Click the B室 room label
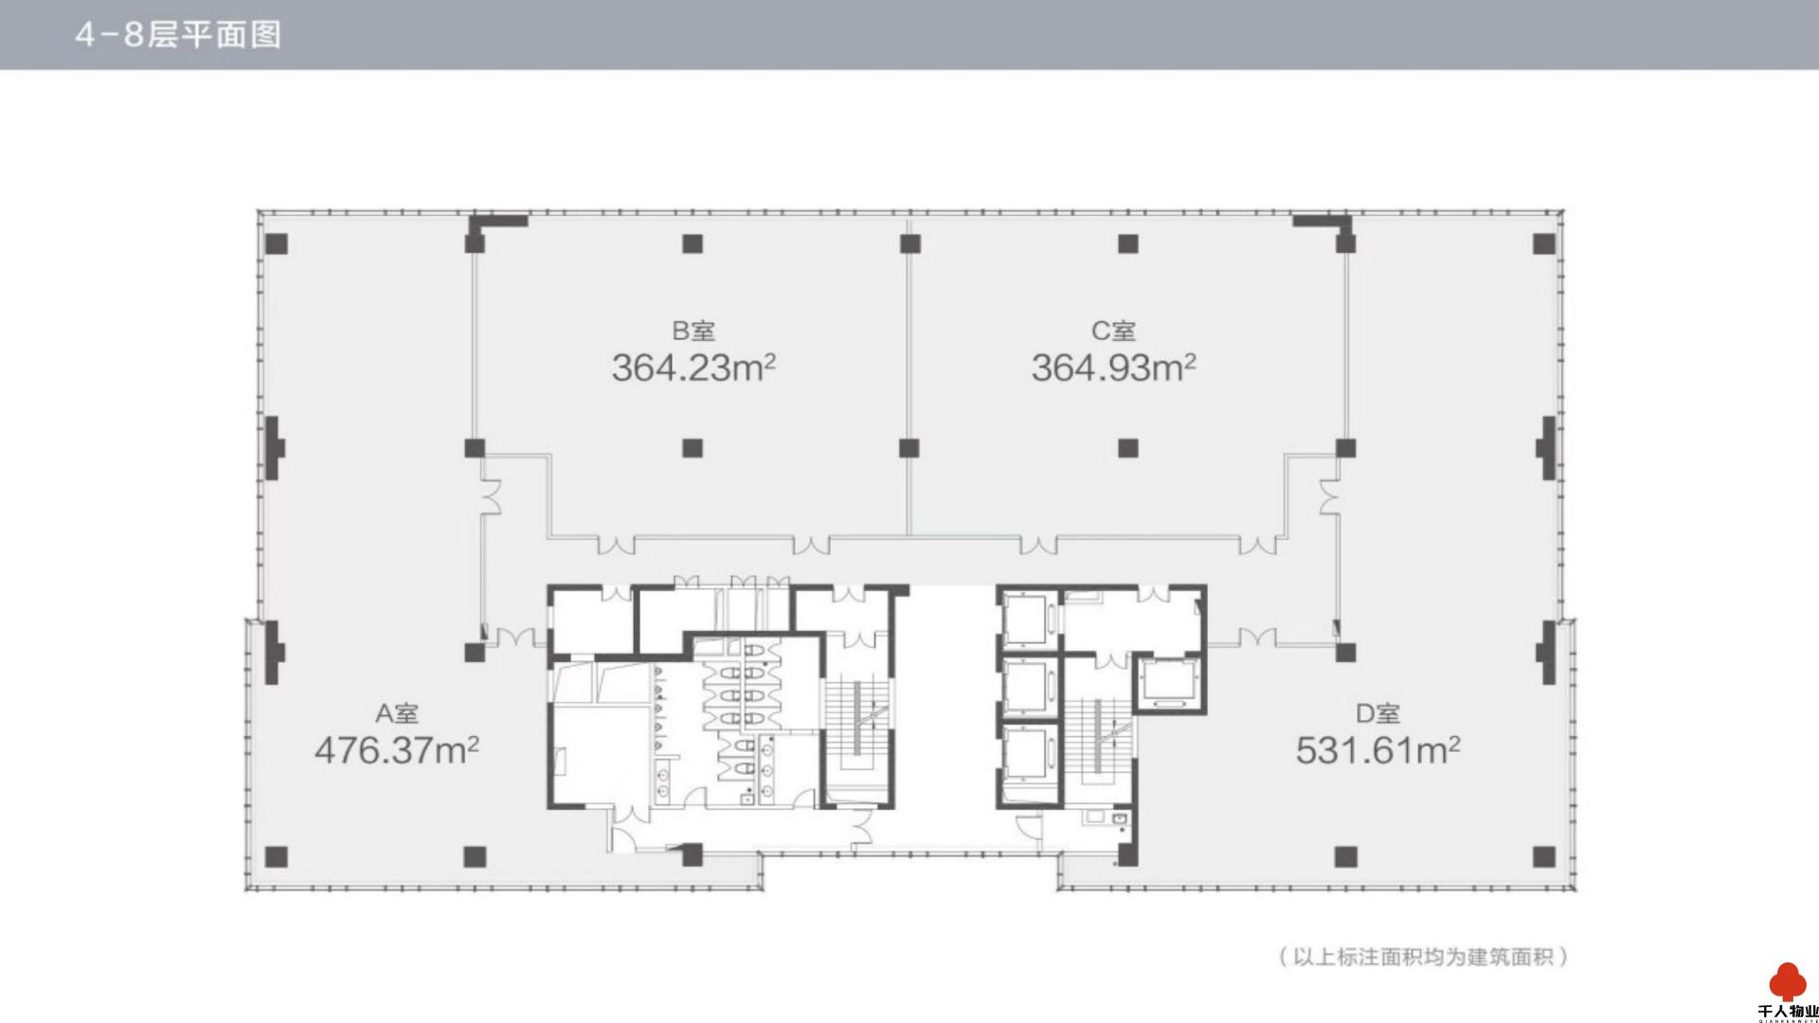coord(693,332)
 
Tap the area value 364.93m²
coord(1113,368)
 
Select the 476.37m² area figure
coord(396,750)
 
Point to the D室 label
coord(1378,714)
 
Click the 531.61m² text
coord(1378,750)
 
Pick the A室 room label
coord(396,714)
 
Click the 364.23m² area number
coord(693,368)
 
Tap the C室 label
coord(1113,332)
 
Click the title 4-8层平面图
coord(178,35)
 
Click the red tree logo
coord(1788,981)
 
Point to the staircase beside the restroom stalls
coord(857,725)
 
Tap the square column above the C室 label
coord(1127,243)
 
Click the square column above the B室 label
coord(693,243)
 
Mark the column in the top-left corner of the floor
coord(276,243)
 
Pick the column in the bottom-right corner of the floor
coord(1544,857)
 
